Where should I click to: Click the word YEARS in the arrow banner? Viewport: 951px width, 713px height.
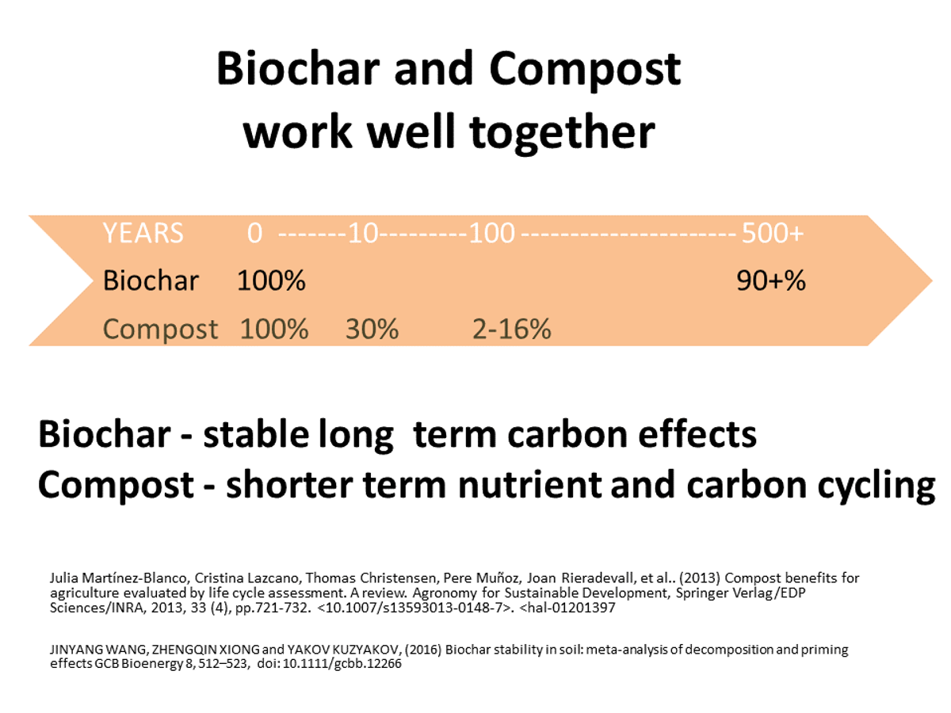143,233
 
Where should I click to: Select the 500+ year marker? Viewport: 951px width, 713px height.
773,233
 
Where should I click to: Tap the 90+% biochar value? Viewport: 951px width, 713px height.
771,280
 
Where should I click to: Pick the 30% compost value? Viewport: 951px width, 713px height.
372,329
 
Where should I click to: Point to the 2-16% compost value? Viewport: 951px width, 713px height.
512,329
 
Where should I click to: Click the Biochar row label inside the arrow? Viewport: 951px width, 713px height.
151,280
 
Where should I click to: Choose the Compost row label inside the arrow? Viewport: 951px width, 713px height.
160,330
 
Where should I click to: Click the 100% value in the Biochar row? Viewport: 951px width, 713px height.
272,280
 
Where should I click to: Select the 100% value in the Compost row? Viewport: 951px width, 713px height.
274,329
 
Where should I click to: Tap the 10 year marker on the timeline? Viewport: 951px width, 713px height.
363,233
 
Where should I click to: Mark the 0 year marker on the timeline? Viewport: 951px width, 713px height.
254,233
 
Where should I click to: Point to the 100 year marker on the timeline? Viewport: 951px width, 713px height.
492,233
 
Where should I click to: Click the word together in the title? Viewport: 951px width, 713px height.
563,133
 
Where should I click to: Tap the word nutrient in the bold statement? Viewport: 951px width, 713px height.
530,485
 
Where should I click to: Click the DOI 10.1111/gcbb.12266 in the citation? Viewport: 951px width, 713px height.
342,664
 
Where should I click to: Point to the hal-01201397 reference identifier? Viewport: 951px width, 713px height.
567,608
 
